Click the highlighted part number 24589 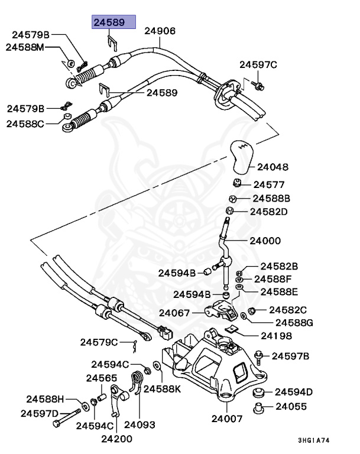(x=112, y=23)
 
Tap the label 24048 (x=273, y=167)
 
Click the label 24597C (x=258, y=64)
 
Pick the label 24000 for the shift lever (x=265, y=241)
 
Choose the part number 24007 (x=228, y=419)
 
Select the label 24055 (x=290, y=406)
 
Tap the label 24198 (x=275, y=335)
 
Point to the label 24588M (x=25, y=47)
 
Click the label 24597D (x=40, y=413)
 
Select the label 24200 (x=116, y=439)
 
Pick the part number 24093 (x=140, y=424)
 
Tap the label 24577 (x=269, y=185)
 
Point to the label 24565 (x=102, y=378)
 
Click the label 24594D (x=293, y=391)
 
